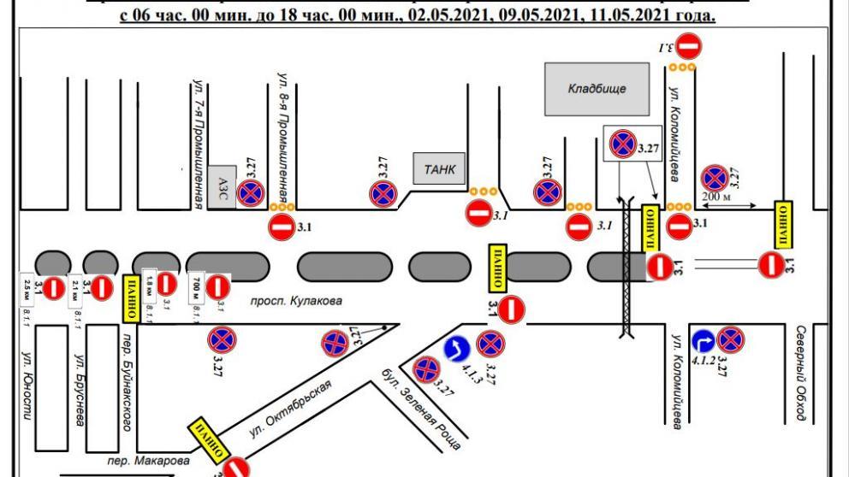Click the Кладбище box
(597, 89)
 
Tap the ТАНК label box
(440, 170)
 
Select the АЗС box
(221, 187)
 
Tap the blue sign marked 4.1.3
(455, 349)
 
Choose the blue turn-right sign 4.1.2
(704, 341)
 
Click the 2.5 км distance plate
(27, 287)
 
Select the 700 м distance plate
(196, 287)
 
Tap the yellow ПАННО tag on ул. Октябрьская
(210, 437)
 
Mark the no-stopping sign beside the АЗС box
(250, 193)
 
